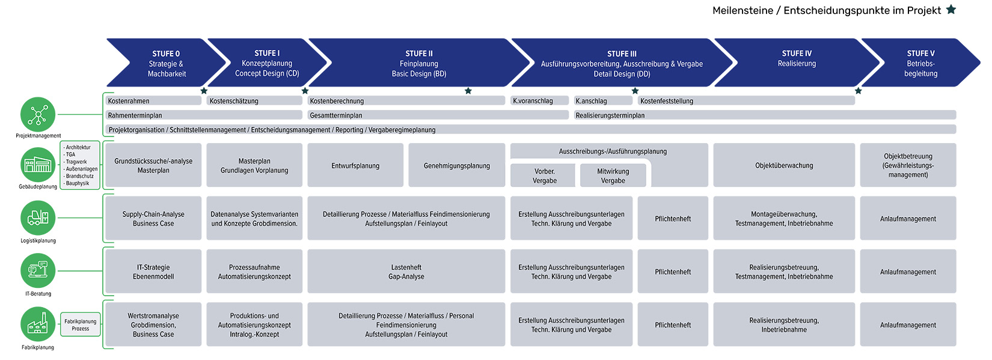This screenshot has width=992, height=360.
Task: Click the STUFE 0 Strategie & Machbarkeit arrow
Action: coord(166,63)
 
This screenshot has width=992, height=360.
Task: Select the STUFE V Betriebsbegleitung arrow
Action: coord(920,63)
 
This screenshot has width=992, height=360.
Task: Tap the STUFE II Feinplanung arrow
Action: coord(419,63)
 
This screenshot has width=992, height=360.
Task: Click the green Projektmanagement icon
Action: coord(38,114)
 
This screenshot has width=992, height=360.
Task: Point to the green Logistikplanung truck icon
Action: coord(38,218)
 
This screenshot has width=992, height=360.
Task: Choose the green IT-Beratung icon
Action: coord(38,270)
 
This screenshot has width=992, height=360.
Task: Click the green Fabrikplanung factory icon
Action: coord(38,324)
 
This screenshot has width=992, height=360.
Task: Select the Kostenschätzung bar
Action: coord(254,101)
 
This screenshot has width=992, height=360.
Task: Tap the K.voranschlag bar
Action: coord(539,101)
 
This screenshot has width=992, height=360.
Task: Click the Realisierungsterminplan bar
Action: coord(765,115)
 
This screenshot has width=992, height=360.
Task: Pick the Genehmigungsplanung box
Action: coord(456,165)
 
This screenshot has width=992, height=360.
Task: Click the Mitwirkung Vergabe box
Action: coord(613,176)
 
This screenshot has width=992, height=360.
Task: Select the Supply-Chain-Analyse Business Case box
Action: coord(153,218)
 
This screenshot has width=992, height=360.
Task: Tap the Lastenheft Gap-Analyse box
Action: coord(406,272)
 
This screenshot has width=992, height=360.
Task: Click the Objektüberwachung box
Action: coord(784,165)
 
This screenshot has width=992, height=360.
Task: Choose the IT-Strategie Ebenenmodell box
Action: coord(153,272)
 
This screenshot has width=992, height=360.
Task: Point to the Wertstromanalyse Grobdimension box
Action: coord(153,325)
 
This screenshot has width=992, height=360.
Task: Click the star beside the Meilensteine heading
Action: coord(951,10)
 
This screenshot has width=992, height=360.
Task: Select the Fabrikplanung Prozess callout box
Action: coord(80,325)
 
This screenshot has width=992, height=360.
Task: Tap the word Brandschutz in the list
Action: coord(80,176)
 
